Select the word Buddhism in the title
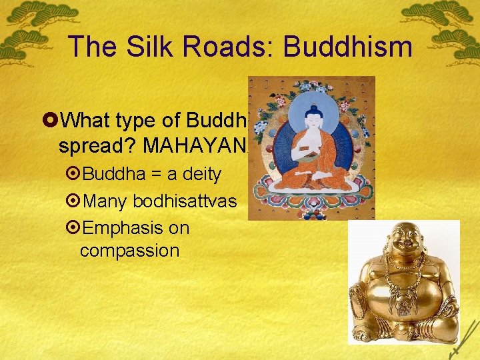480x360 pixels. coord(347,46)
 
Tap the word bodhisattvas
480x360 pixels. coord(185,201)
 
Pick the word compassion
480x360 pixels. coord(129,251)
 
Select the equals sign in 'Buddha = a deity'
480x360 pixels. coord(152,175)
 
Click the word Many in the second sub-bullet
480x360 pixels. coord(107,201)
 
